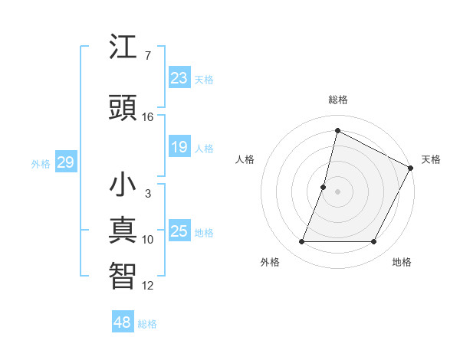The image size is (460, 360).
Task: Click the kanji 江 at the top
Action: click(x=123, y=47)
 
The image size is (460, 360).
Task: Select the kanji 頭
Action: click(x=123, y=108)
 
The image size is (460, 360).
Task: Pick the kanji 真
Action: click(x=123, y=231)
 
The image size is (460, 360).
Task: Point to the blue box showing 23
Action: click(x=179, y=77)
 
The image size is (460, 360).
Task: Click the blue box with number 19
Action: click(x=179, y=146)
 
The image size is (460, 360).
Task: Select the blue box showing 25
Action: click(x=179, y=231)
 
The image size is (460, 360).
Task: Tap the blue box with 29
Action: click(x=65, y=162)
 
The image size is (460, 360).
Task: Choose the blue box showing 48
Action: click(x=123, y=322)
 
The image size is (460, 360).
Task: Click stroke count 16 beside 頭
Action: click(x=148, y=117)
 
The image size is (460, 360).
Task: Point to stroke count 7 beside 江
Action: click(x=148, y=56)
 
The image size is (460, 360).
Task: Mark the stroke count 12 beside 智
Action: click(x=148, y=286)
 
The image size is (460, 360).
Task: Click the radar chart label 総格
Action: click(x=337, y=100)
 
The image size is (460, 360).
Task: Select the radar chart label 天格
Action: click(x=431, y=159)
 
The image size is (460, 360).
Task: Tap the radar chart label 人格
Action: click(x=245, y=159)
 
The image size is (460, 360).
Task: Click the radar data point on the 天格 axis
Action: click(x=412, y=168)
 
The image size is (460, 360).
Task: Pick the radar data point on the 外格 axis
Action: click(x=301, y=242)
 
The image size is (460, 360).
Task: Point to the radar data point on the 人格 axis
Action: click(x=324, y=187)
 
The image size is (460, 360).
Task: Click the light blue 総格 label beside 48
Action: click(x=147, y=324)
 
